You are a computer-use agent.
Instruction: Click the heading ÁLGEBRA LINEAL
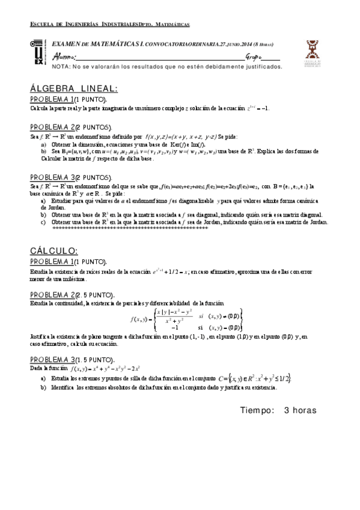pyautogui.click(x=74, y=88)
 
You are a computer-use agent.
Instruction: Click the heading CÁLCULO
pyautogui.click(x=53, y=250)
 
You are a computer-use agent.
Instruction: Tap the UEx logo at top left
pyautogui.click(x=38, y=53)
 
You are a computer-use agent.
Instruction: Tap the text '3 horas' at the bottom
pyautogui.click(x=300, y=410)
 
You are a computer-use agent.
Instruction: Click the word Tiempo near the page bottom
pyautogui.click(x=257, y=410)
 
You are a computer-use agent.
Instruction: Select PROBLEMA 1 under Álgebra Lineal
pyautogui.click(x=52, y=99)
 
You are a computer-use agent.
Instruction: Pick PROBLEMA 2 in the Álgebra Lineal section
pyautogui.click(x=52, y=127)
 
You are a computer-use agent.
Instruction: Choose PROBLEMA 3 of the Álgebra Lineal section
pyautogui.click(x=52, y=178)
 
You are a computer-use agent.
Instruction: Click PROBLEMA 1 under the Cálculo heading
pyautogui.click(x=52, y=262)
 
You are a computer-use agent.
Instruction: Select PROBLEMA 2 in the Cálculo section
pyautogui.click(x=52, y=295)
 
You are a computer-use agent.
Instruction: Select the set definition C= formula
pyautogui.click(x=255, y=377)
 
